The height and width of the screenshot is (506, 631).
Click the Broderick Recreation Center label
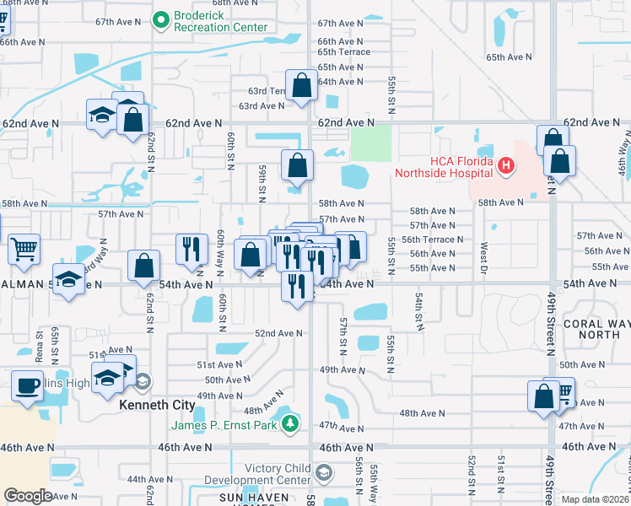click(x=220, y=22)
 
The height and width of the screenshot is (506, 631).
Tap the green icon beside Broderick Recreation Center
click(x=160, y=18)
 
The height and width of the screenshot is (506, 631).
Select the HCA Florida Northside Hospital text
click(x=450, y=167)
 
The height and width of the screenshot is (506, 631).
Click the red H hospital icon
click(x=505, y=166)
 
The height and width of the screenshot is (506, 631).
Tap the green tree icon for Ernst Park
click(x=290, y=421)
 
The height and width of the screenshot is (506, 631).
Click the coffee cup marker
click(x=28, y=386)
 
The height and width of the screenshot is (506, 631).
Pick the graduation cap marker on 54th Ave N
click(x=68, y=279)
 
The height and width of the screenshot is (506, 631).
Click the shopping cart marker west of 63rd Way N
click(x=24, y=249)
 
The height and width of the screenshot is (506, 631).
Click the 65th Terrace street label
click(x=343, y=52)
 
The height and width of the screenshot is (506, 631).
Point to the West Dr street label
click(x=483, y=255)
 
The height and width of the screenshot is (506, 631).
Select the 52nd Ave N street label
click(x=278, y=334)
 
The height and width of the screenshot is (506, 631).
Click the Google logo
click(x=28, y=496)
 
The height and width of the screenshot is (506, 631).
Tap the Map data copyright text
click(x=596, y=499)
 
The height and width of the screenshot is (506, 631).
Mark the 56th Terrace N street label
click(x=432, y=240)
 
